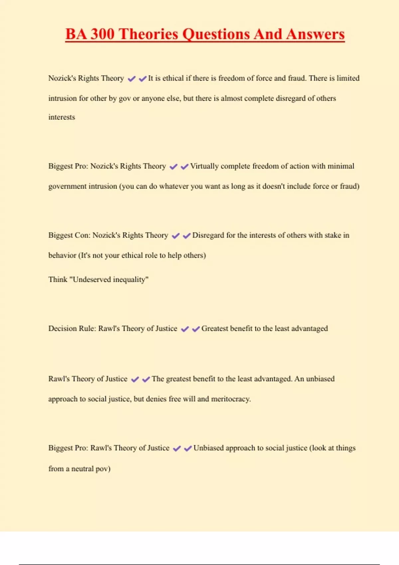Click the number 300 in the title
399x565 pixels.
tap(102, 34)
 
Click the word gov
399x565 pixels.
tap(125, 99)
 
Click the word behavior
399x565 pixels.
tap(62, 255)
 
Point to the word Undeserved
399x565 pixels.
tap(92, 280)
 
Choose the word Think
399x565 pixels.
tap(58, 280)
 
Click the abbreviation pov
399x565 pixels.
tap(103, 469)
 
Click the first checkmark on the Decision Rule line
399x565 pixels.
tap(185, 329)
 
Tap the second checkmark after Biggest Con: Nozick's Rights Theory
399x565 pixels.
tap(187, 236)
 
